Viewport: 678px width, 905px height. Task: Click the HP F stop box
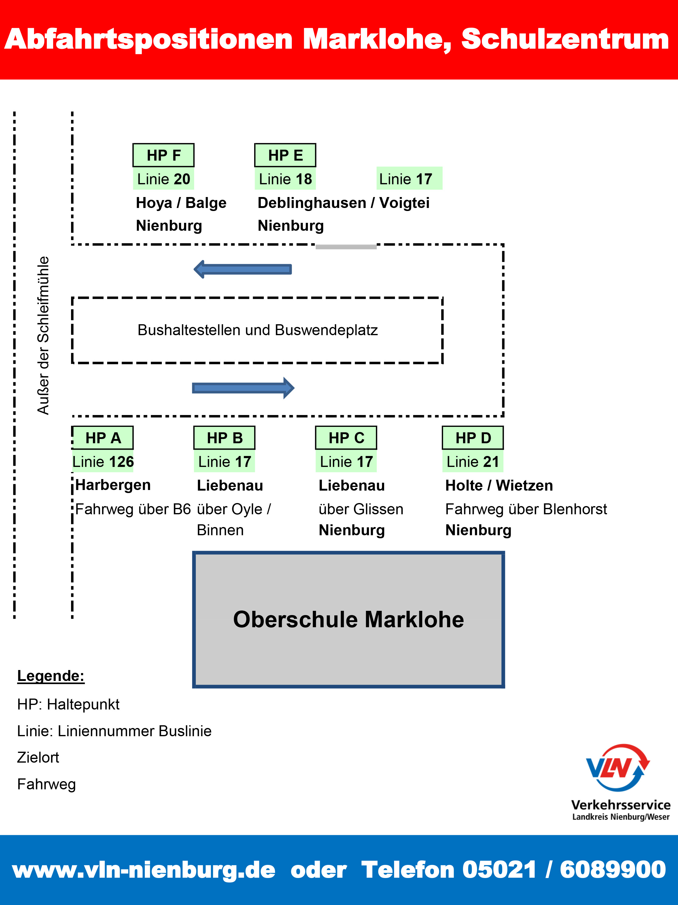[163, 155]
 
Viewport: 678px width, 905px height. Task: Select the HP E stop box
[285, 155]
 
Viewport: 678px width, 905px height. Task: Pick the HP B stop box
[224, 438]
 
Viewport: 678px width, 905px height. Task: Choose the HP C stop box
[346, 438]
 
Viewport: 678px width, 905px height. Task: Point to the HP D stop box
[472, 438]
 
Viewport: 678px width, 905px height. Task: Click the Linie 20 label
[163, 179]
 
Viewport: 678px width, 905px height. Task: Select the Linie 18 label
[285, 179]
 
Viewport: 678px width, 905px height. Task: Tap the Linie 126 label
[103, 461]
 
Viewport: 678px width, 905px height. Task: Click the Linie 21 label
[472, 461]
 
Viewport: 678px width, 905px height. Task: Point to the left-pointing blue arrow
[243, 269]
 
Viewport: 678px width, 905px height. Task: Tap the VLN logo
[618, 767]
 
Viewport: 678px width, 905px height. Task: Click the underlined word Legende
[51, 676]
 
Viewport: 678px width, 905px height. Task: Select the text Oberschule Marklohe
[348, 619]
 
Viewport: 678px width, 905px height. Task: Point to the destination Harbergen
[113, 485]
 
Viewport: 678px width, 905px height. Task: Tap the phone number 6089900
[612, 869]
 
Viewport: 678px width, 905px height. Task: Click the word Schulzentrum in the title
[565, 39]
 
